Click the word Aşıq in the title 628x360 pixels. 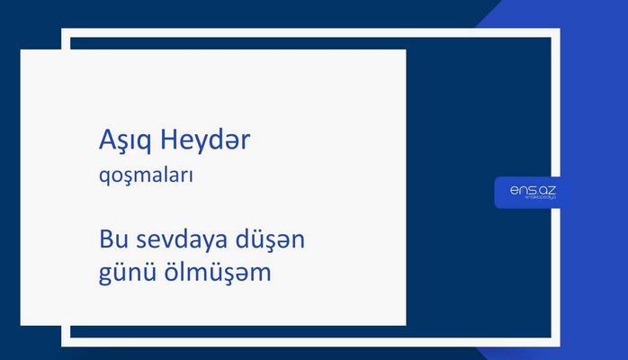point(126,142)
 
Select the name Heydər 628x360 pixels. point(207,142)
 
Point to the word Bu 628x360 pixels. point(113,242)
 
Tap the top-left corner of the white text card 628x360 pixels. point(22,50)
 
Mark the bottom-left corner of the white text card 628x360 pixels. point(22,324)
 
